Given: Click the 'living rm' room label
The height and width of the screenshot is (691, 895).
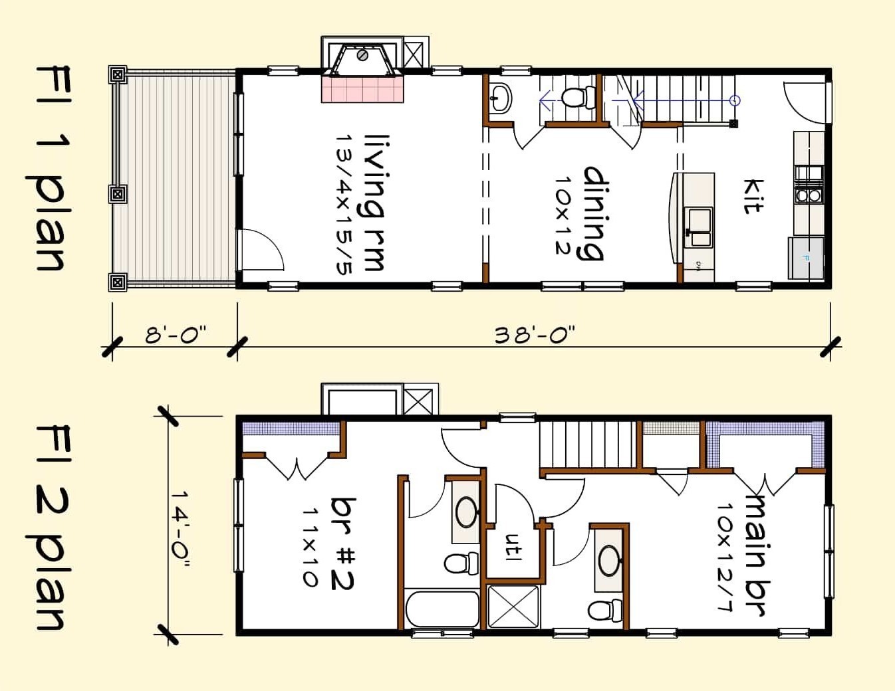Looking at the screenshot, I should [x=374, y=203].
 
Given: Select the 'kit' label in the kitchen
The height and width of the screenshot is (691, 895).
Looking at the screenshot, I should [x=753, y=196].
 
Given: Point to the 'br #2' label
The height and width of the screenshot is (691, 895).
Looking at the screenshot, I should [x=343, y=543].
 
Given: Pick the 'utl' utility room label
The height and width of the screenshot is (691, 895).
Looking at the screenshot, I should [x=513, y=547].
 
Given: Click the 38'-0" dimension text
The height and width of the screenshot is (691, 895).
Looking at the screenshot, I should [x=534, y=334].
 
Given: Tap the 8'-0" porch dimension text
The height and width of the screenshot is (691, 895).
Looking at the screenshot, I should [x=176, y=334].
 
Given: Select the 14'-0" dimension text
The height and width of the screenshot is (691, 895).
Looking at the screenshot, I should [x=180, y=530].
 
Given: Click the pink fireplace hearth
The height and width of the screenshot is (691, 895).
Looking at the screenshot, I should [x=363, y=89].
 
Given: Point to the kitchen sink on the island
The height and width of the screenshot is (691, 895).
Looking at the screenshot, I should [x=698, y=220].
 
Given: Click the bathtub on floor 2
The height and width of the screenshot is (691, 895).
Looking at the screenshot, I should [x=443, y=609].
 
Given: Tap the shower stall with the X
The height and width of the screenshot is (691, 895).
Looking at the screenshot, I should [x=514, y=606].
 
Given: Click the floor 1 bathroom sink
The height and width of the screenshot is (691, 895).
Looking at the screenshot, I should [x=500, y=98].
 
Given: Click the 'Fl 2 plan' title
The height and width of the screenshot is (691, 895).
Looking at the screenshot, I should [x=50, y=528].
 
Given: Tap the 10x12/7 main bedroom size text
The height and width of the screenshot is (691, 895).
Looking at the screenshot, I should [x=725, y=555].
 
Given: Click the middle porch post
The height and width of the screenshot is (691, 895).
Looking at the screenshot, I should [x=118, y=194].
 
